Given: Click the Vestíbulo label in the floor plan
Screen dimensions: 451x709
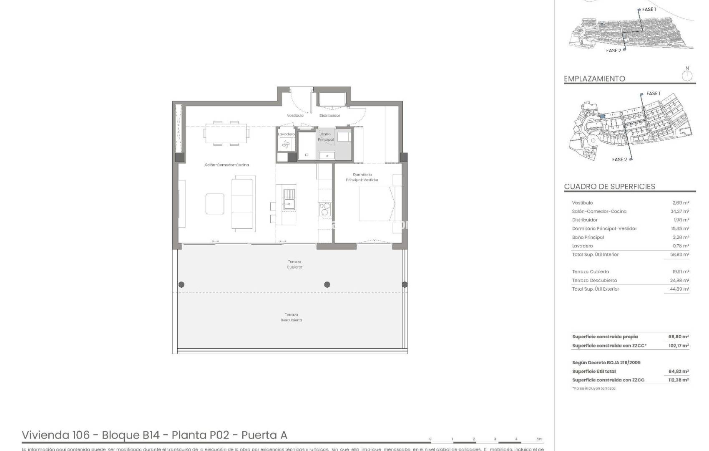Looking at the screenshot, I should click(x=295, y=115).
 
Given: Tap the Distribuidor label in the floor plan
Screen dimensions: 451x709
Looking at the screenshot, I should click(x=329, y=115).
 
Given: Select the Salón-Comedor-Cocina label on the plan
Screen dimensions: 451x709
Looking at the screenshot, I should click(x=227, y=165).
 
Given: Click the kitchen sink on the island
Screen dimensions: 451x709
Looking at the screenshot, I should click(x=289, y=199).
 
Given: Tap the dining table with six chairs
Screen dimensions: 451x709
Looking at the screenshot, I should click(x=227, y=133).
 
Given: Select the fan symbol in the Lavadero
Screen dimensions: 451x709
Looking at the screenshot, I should click(x=286, y=144).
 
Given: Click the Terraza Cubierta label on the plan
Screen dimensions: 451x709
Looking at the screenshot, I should click(x=294, y=264).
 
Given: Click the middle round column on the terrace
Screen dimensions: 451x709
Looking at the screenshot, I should click(x=327, y=284).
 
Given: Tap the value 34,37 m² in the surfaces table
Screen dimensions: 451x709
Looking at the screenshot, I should click(x=679, y=211).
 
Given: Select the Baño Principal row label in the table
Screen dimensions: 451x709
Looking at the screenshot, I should click(x=588, y=237).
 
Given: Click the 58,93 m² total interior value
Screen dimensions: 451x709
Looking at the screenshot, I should click(x=679, y=254).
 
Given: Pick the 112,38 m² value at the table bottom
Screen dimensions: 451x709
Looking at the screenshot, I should click(x=679, y=380).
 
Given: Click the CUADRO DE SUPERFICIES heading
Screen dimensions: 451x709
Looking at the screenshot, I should click(x=609, y=186).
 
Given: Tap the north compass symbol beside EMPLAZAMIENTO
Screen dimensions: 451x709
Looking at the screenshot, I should click(x=687, y=76).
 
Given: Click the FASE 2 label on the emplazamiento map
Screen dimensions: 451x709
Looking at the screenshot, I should click(x=619, y=160).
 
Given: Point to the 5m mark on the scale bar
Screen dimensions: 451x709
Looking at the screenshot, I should click(x=539, y=439).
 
